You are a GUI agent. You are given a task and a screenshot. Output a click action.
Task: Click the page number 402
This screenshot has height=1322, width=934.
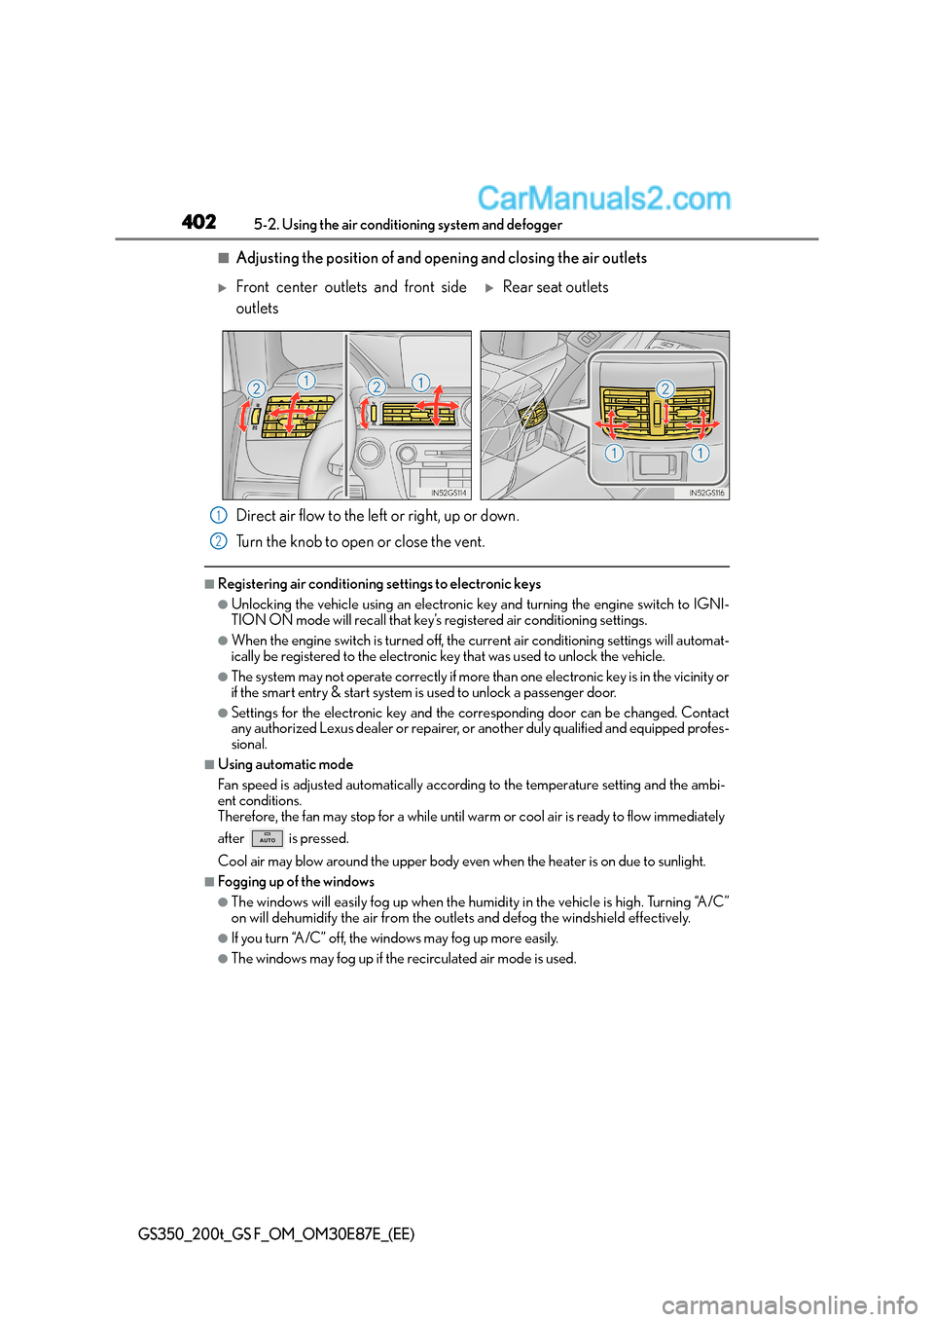198,222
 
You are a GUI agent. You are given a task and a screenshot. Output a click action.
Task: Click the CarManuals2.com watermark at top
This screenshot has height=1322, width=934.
603,199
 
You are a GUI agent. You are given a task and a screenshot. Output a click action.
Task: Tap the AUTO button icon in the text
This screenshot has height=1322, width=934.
267,838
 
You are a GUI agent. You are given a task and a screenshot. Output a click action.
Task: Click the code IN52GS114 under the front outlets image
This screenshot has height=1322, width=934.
449,493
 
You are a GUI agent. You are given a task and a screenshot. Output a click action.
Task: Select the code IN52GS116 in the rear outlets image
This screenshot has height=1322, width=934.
706,493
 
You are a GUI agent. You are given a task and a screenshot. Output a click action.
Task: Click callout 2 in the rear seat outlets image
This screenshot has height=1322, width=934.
665,388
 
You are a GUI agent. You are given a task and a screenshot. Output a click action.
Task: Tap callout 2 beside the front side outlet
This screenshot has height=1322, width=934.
256,388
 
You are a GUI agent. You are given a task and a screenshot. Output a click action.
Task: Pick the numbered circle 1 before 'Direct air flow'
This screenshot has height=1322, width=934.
219,515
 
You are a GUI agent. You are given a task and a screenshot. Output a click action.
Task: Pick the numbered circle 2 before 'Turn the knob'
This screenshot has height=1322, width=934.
219,541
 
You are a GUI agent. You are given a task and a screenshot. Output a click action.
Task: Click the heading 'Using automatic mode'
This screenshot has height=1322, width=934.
285,764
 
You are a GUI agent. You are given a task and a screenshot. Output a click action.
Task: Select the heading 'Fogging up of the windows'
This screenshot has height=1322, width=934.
296,881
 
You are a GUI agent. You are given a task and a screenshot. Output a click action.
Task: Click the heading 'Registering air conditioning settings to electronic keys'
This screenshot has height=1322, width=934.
378,584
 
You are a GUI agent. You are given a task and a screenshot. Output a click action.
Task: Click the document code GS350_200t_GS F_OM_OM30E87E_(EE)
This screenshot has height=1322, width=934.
276,1233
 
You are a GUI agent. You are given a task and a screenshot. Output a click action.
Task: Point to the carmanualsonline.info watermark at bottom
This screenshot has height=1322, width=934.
789,1304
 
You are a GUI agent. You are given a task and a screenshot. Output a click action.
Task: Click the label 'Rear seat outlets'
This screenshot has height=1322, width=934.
556,287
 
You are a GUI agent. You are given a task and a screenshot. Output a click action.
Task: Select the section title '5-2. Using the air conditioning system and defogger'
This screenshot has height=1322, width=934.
408,225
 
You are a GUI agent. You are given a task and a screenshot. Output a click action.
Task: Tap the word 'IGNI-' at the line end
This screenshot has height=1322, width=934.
710,604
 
